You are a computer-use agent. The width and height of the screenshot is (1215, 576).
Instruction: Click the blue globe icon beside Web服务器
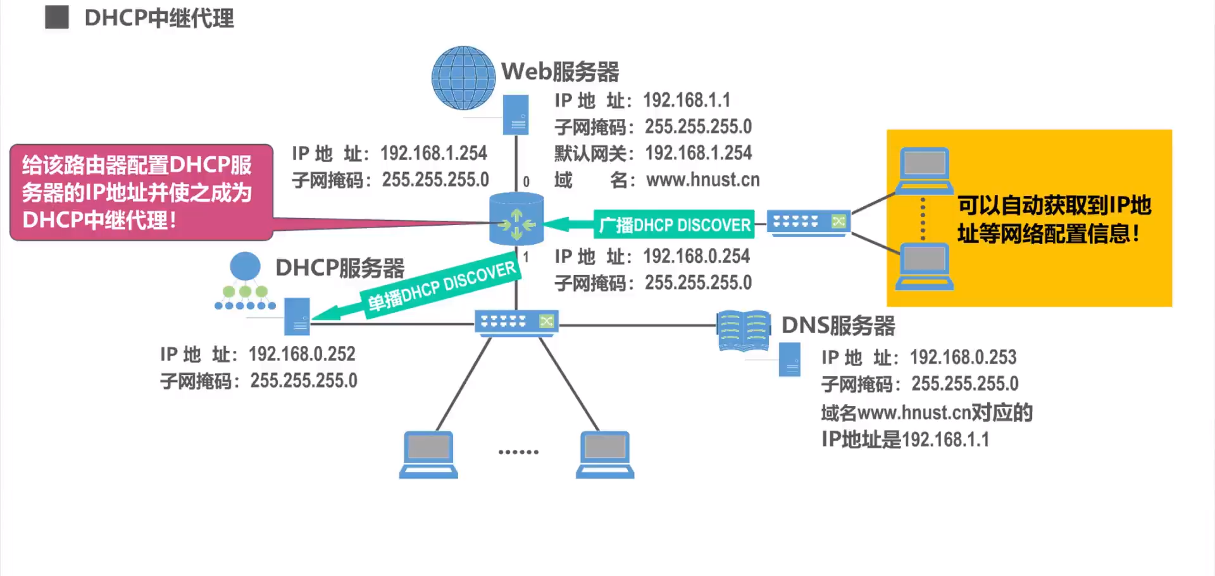click(463, 78)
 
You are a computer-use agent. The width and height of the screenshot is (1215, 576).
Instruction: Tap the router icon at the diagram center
click(516, 219)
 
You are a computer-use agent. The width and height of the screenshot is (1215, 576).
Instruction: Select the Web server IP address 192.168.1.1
click(687, 100)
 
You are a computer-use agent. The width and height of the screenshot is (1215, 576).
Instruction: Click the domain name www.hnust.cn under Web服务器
click(702, 180)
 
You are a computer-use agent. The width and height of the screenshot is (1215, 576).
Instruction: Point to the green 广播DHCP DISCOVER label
click(675, 224)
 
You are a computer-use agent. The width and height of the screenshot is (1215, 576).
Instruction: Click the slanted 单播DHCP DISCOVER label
click(442, 286)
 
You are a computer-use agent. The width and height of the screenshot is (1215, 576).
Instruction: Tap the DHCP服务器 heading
click(340, 268)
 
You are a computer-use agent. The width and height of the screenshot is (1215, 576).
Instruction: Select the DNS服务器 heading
click(838, 326)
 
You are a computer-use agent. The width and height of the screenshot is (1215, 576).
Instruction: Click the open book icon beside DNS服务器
click(744, 329)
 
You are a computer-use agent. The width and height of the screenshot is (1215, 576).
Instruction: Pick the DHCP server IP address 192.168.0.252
click(302, 354)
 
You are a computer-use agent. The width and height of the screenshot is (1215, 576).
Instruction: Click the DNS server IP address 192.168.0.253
click(963, 357)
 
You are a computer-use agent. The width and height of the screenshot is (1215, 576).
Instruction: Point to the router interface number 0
click(526, 182)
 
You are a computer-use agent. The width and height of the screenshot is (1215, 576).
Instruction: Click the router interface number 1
click(526, 257)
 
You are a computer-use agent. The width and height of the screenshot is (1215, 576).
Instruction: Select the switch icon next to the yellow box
click(808, 223)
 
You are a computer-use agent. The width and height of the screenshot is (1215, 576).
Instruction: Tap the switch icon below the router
click(516, 322)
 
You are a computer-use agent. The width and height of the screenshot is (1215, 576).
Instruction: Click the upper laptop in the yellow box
click(925, 170)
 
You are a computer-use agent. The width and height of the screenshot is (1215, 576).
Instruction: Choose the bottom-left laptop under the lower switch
click(428, 455)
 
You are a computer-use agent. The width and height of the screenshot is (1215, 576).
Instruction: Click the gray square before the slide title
click(57, 18)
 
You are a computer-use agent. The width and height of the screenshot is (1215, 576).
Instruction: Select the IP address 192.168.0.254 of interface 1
click(696, 256)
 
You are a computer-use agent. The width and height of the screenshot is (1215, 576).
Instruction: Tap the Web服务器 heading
click(560, 71)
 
